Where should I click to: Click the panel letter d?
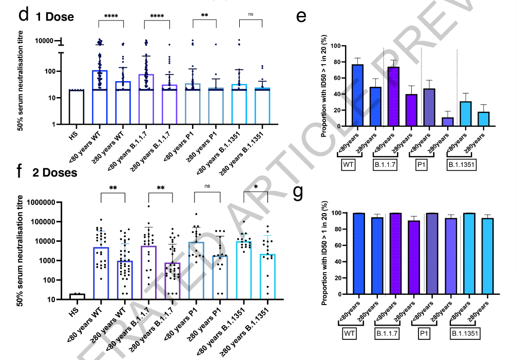click(23, 15)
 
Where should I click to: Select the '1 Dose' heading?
click(55, 16)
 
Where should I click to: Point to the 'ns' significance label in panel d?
click(251, 15)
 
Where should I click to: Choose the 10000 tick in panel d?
click(46, 41)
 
